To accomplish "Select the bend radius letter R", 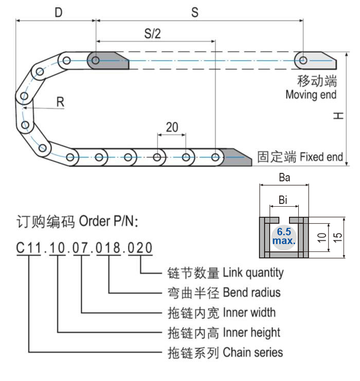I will (60, 102).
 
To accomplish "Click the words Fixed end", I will (321, 157).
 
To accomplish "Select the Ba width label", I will (284, 178).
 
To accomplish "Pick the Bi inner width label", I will (282, 199).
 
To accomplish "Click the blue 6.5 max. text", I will (284, 236).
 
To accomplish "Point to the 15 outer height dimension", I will (338, 237).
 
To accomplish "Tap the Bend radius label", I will (251, 293).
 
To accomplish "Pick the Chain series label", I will (253, 352).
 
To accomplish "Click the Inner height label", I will (251, 333).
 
